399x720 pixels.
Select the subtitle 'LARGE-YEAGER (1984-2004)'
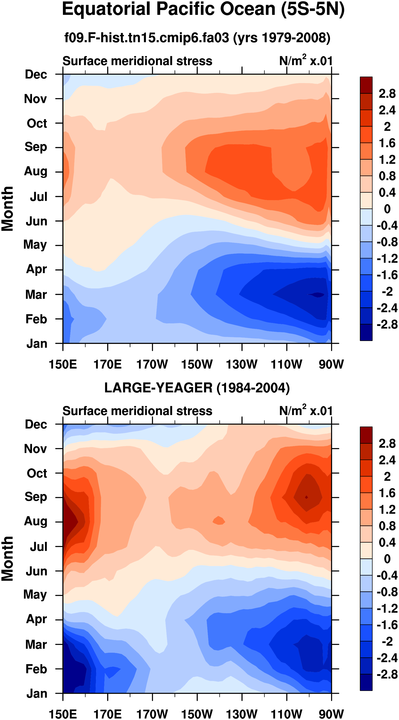197,388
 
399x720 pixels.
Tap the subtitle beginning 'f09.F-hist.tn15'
197,38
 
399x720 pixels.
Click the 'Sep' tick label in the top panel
36,147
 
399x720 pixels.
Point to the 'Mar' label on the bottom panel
36,644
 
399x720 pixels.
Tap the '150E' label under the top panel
63,364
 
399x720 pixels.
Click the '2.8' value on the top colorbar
387,94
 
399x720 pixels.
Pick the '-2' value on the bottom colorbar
388,641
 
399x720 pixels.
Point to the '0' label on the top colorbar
387,209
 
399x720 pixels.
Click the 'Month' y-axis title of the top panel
8,209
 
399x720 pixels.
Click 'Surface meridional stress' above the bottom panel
137,411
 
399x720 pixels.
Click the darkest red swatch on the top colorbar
366,85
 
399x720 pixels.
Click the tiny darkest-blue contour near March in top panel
317,295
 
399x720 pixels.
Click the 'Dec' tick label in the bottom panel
36,424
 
